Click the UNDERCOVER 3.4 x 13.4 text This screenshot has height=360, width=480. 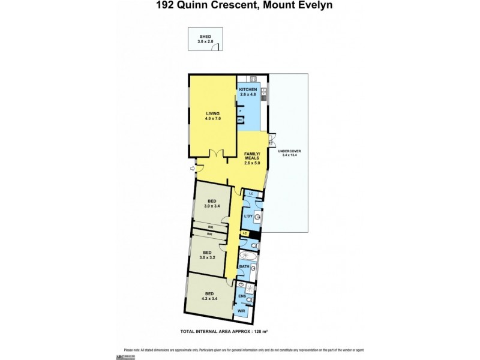pyautogui.click(x=290, y=152)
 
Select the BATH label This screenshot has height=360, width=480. pyautogui.click(x=244, y=266)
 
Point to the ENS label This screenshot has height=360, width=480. pyautogui.click(x=242, y=296)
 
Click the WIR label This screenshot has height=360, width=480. pyautogui.click(x=241, y=311)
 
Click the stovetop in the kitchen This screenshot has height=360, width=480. pyautogui.click(x=253, y=79)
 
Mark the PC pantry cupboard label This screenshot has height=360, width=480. pyautogui.click(x=241, y=120)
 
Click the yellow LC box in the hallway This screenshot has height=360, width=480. pyautogui.click(x=244, y=233)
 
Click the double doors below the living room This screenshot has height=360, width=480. pyautogui.click(x=218, y=153)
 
